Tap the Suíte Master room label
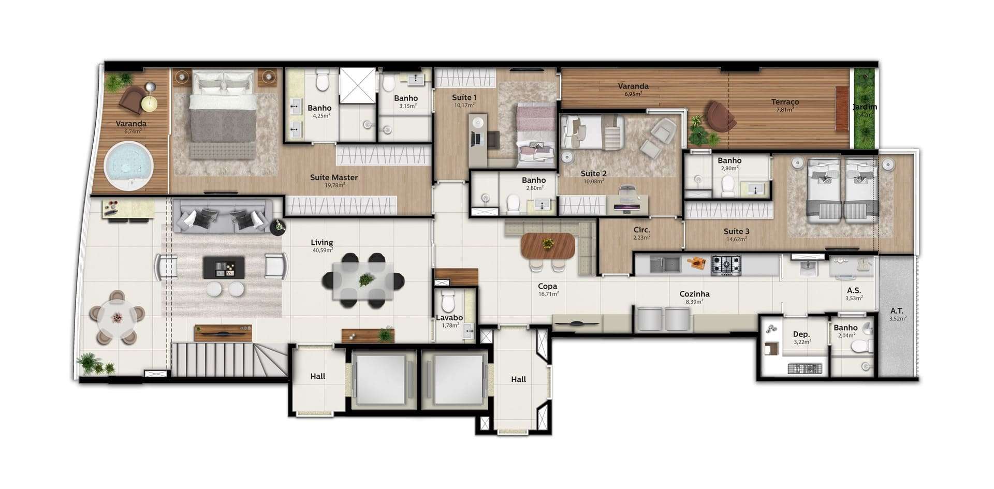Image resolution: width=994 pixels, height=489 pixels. click(x=334, y=177)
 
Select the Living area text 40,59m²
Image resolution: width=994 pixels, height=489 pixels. click(x=322, y=250)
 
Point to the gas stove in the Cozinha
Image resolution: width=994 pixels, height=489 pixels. click(x=725, y=265)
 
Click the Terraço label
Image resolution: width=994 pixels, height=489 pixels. click(x=785, y=102)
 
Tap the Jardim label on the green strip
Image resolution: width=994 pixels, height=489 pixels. click(x=865, y=107)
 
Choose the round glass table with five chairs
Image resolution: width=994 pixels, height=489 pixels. click(x=118, y=317)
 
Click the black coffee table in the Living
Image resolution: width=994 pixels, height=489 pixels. click(x=223, y=268)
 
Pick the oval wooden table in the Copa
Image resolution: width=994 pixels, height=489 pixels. click(x=548, y=246)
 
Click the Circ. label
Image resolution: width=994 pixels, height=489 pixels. click(x=641, y=230)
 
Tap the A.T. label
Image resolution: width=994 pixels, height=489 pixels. click(x=897, y=311)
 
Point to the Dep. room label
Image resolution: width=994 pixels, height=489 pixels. click(x=801, y=334)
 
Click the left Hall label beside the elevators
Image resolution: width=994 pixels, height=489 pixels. click(x=318, y=376)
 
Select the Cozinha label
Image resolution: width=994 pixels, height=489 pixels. click(x=694, y=294)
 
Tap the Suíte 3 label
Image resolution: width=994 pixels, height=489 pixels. click(x=736, y=231)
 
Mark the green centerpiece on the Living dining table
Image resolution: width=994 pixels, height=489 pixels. click(x=367, y=280)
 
